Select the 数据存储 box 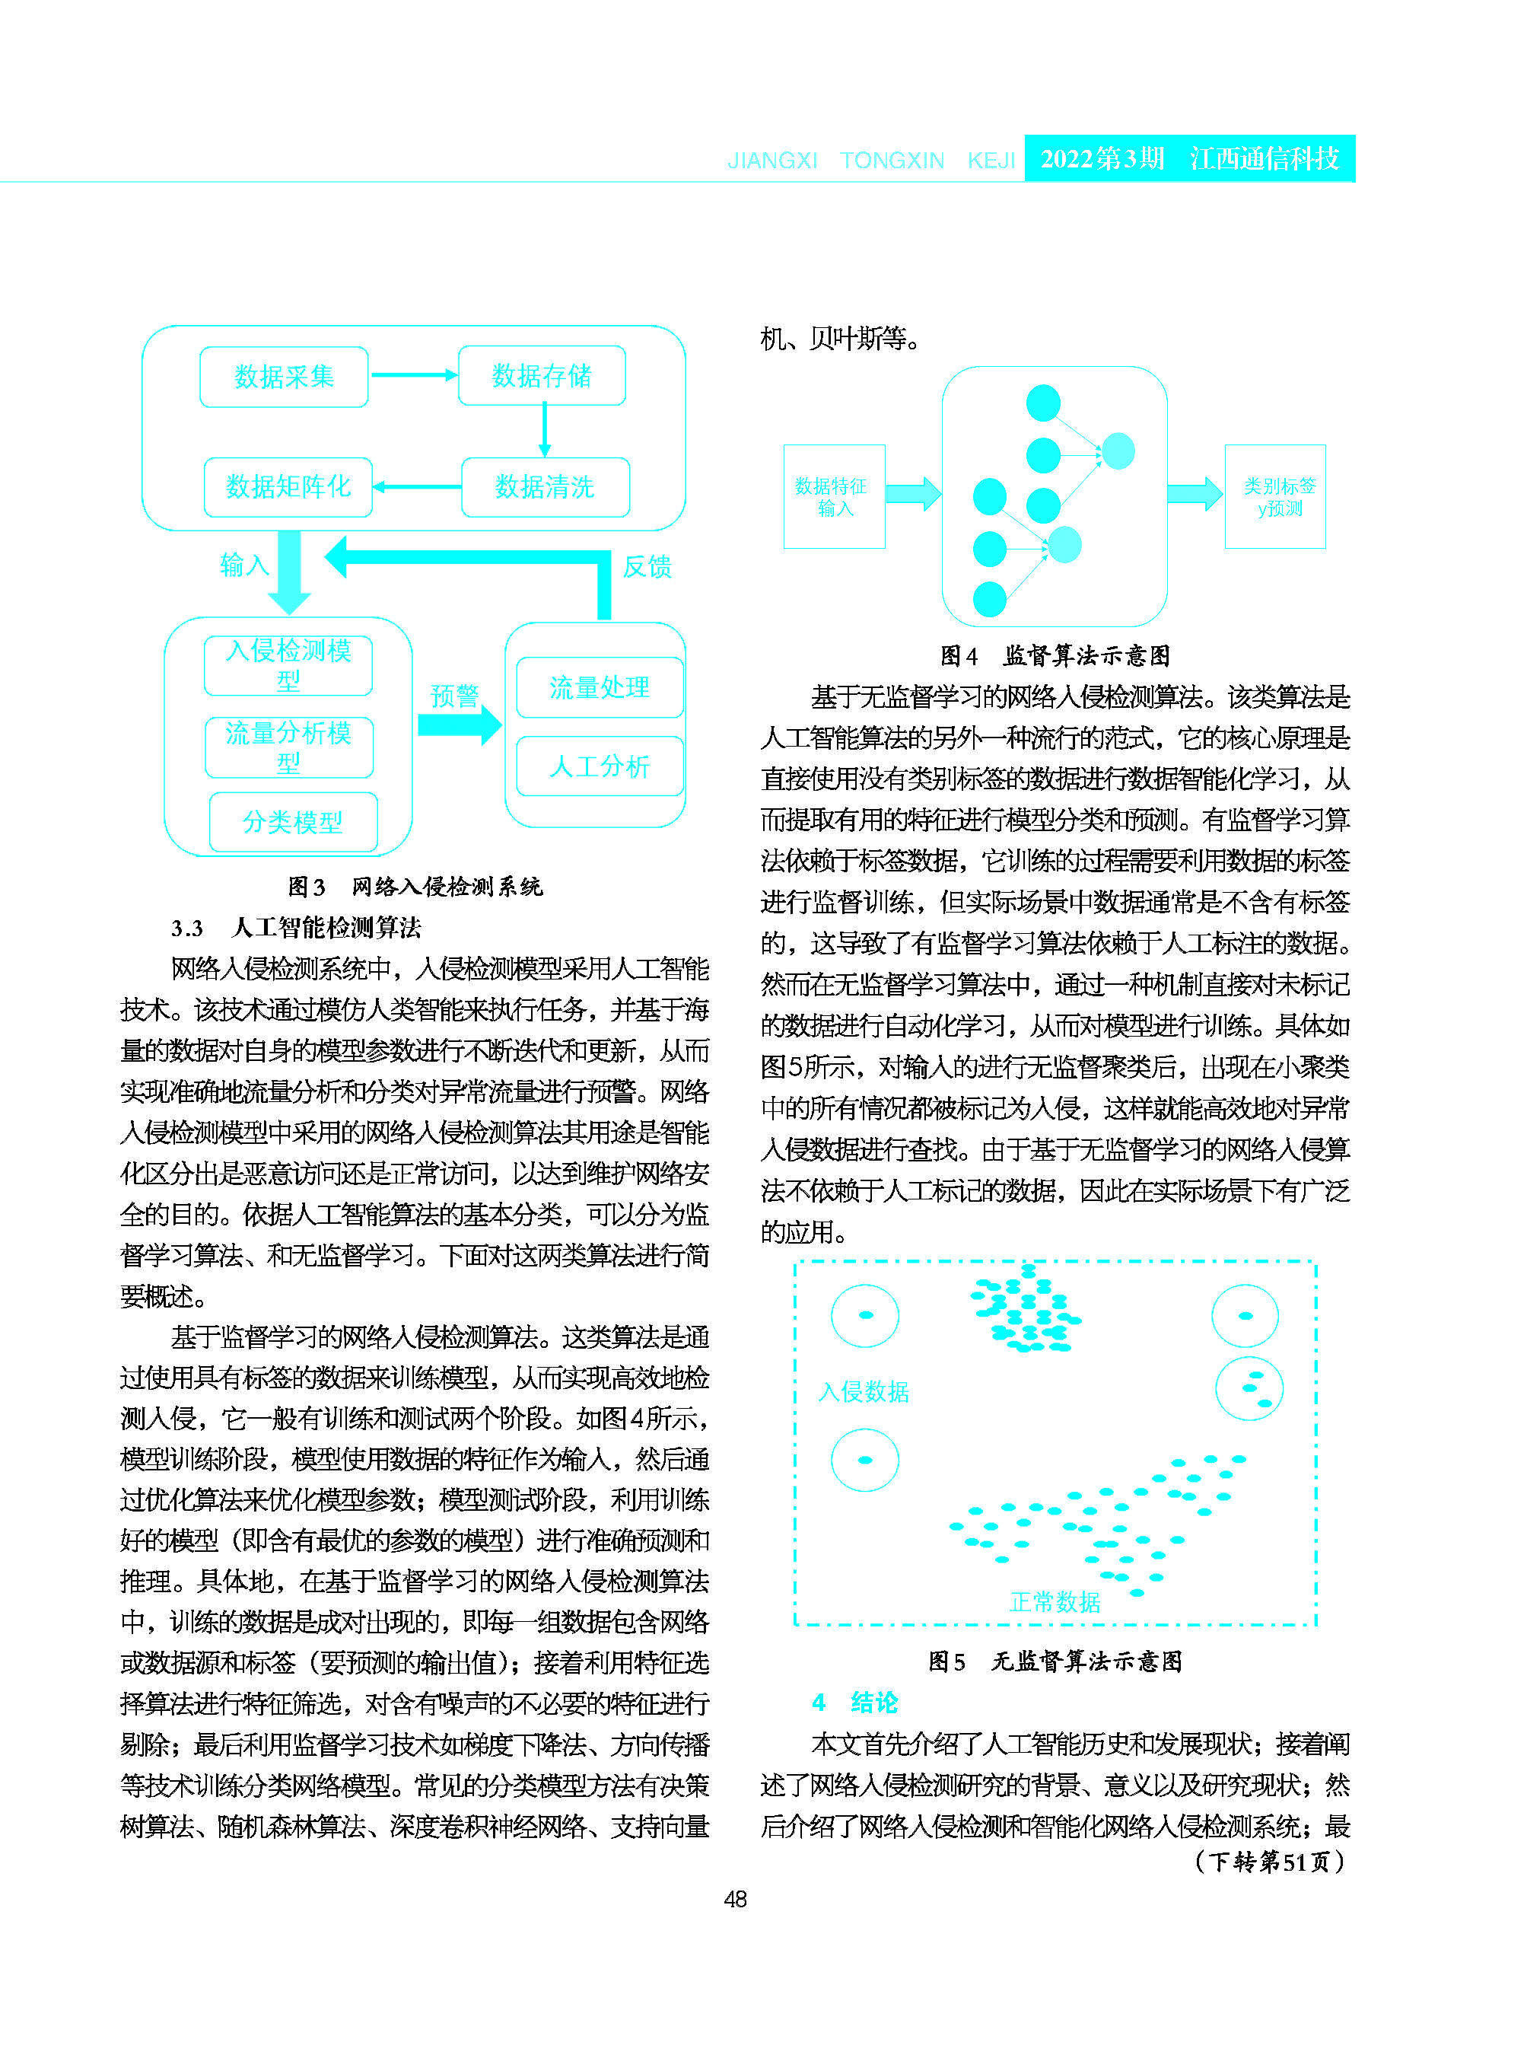(x=542, y=376)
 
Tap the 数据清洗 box (x=545, y=487)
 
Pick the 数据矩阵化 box (x=288, y=487)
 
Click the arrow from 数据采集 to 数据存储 (x=413, y=375)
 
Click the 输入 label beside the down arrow (x=244, y=565)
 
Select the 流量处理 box (x=599, y=688)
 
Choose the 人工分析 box (x=599, y=766)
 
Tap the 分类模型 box (x=293, y=822)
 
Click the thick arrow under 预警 (x=459, y=725)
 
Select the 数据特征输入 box (x=834, y=496)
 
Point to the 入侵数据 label (x=864, y=1391)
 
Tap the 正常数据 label (x=1055, y=1602)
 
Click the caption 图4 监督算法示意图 (x=1055, y=655)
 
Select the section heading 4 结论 (x=855, y=1702)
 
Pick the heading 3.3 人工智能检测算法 (x=296, y=927)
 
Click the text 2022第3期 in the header (x=1102, y=159)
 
